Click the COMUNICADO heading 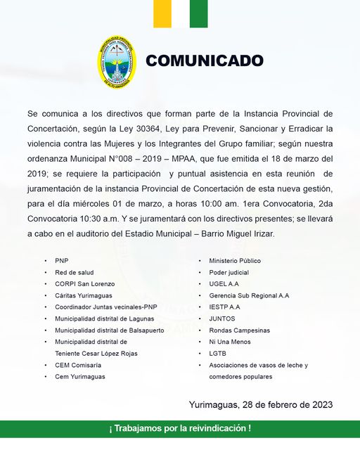point(204,61)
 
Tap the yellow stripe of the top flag point(162,13)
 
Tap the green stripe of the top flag point(198,13)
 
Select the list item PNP point(62,261)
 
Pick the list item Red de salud point(74,272)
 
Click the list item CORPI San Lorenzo point(84,284)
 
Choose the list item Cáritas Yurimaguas point(84,295)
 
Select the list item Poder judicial point(229,272)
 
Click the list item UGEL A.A point(224,284)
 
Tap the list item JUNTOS point(221,319)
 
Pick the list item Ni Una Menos point(229,342)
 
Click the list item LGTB point(217,354)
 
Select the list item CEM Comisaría point(78,365)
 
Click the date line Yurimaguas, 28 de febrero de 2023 point(260,405)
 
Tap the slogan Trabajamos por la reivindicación point(180,428)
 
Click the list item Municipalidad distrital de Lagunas point(103,319)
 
